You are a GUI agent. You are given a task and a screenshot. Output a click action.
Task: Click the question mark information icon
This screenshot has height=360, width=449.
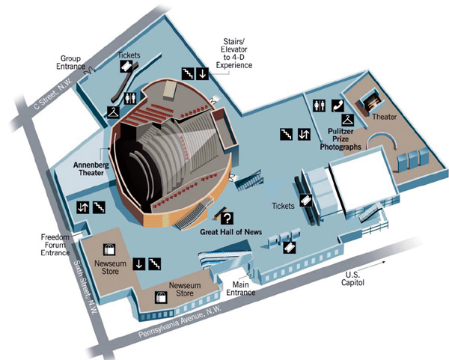(226, 218)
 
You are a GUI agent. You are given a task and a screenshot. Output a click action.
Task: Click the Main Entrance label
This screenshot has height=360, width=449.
(242, 287)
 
